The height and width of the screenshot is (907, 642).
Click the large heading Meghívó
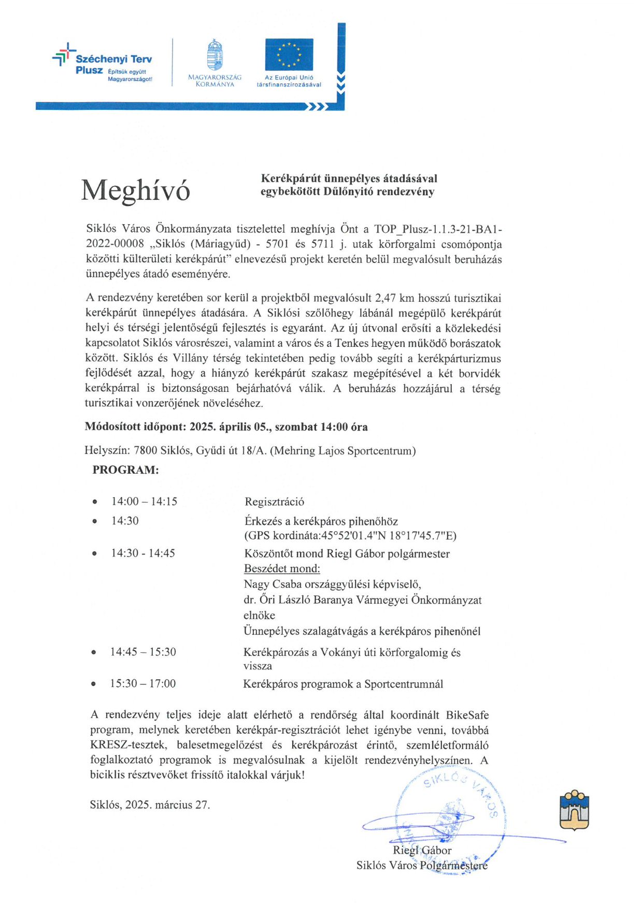tap(136, 190)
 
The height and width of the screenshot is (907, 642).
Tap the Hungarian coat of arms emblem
tap(215, 55)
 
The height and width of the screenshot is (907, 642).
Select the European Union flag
tap(289, 54)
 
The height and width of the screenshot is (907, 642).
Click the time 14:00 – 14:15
tap(144, 502)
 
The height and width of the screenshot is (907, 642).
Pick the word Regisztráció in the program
tap(274, 502)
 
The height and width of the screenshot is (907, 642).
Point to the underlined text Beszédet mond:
tap(282, 569)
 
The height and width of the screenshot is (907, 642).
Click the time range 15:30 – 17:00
tap(142, 684)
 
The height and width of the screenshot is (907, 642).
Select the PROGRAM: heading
tap(125, 470)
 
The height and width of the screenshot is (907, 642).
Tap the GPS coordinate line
tap(350, 536)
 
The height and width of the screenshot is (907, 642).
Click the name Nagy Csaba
tap(269, 584)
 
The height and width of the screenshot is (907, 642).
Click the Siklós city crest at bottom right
tap(574, 810)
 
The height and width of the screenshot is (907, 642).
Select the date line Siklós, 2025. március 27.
tap(150, 805)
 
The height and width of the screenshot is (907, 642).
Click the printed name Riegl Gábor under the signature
tap(422, 851)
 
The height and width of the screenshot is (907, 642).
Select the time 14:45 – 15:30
tap(143, 652)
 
